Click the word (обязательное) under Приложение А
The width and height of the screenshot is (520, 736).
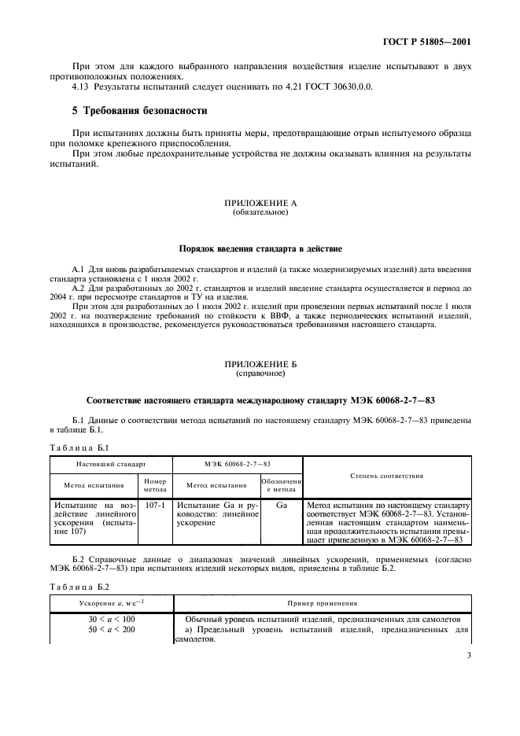pos(260,212)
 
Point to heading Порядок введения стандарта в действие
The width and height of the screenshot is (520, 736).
pos(260,248)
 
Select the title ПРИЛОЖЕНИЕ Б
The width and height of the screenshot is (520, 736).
pos(260,365)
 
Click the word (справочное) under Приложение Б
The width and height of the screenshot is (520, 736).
pos(260,374)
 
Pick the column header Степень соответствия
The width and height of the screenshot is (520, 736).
pos(386,475)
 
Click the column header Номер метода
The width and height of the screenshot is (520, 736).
pos(154,484)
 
